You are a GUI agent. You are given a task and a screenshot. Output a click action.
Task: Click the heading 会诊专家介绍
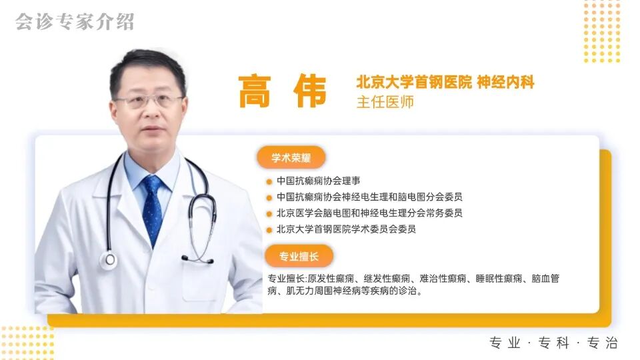click(x=75, y=21)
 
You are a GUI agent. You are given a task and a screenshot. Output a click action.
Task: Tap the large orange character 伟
click(x=308, y=91)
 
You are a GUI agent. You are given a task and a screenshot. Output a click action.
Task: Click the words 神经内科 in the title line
click(x=506, y=82)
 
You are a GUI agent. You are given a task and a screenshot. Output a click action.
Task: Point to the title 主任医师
click(x=385, y=102)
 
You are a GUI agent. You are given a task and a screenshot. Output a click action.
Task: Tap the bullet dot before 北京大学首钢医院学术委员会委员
click(x=269, y=229)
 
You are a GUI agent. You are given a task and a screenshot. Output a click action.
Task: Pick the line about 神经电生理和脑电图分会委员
click(x=369, y=197)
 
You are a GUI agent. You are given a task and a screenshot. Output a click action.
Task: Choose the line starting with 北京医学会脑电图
click(x=369, y=213)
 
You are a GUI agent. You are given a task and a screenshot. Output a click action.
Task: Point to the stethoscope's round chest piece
click(x=108, y=260)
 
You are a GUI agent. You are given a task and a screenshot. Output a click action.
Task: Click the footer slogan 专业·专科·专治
click(x=554, y=343)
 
